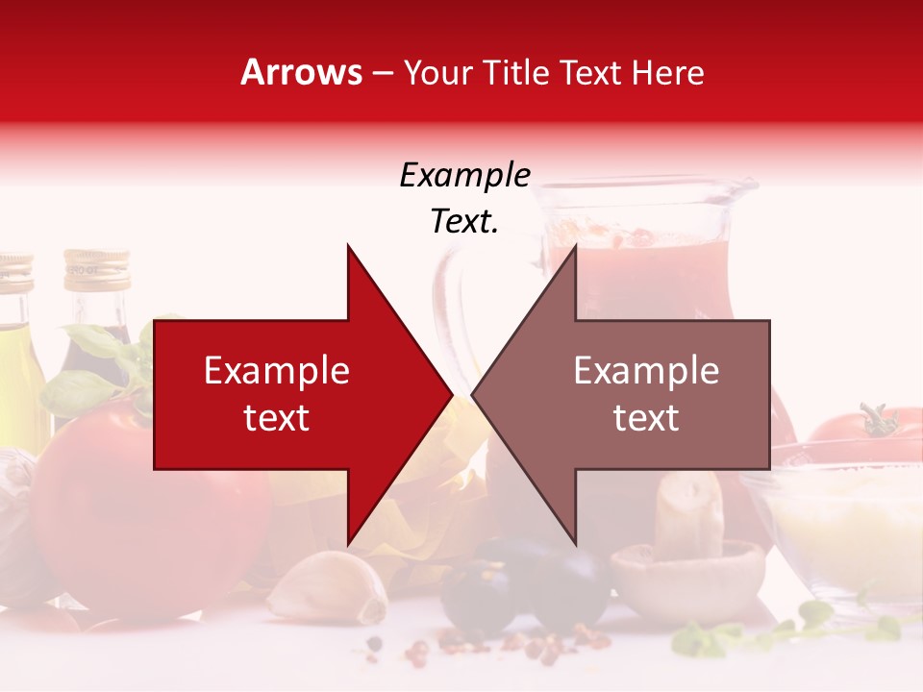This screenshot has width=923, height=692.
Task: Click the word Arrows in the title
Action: [302, 72]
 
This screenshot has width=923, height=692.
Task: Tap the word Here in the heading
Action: [667, 72]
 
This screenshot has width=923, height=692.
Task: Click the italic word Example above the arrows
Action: [464, 175]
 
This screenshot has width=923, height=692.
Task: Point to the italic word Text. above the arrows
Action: [464, 221]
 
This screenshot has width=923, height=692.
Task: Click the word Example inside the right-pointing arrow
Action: [276, 370]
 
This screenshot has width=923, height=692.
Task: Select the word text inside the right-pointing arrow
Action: [276, 418]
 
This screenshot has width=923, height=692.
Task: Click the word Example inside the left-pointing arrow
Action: [646, 370]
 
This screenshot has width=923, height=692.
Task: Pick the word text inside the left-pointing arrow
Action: [646, 418]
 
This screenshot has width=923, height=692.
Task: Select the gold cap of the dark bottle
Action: [96, 269]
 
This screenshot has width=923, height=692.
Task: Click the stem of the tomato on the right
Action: [876, 421]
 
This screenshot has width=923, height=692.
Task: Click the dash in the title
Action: [383, 73]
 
